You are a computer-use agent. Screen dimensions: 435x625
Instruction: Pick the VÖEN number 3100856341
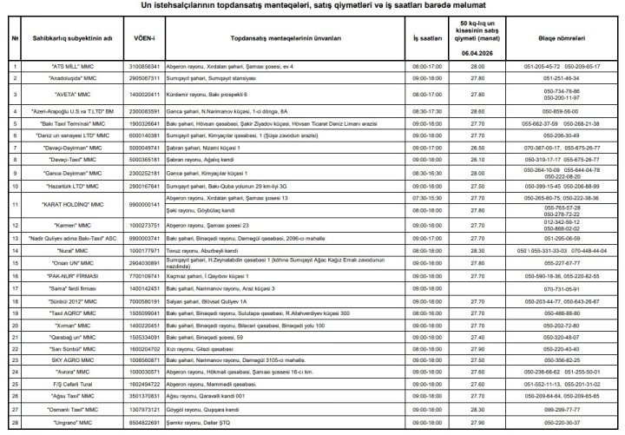tap(143, 66)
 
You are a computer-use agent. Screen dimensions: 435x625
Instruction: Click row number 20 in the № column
tap(15, 325)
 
